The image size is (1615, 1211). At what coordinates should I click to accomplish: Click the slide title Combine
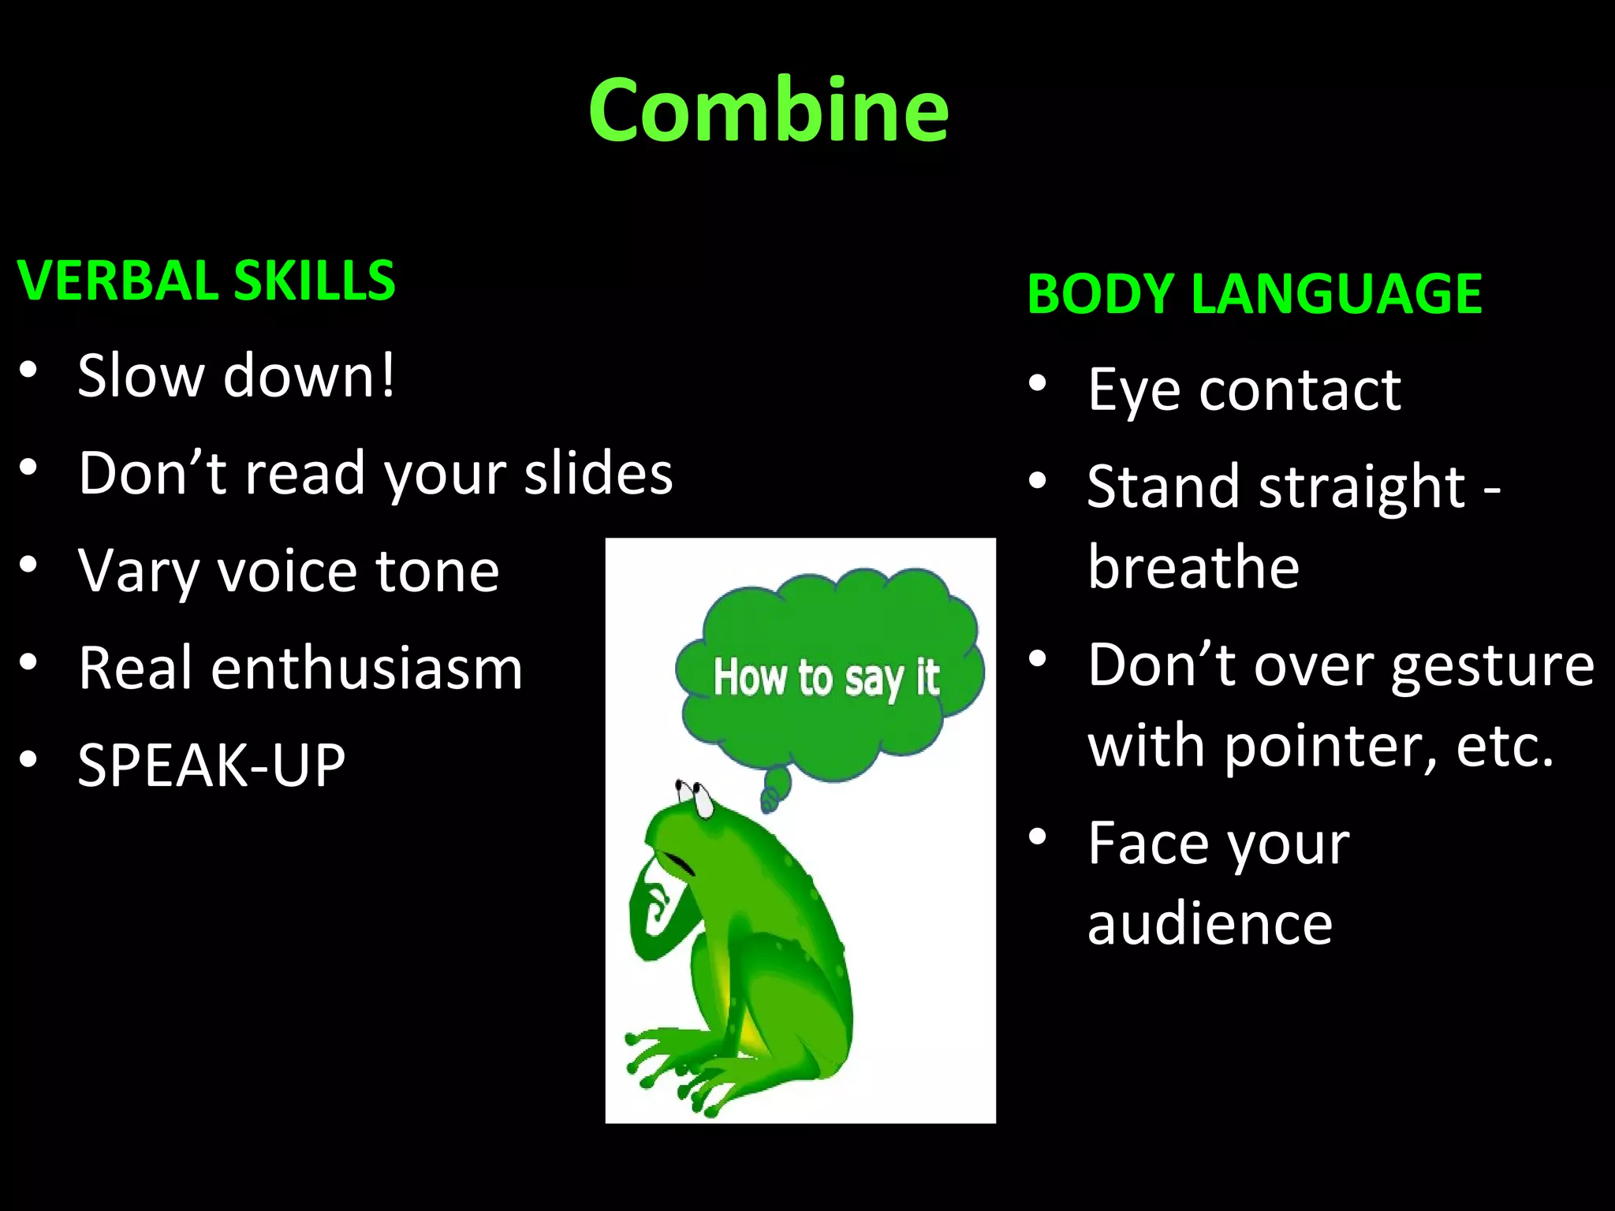(x=768, y=110)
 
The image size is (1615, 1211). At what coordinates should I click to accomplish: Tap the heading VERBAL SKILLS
(x=206, y=281)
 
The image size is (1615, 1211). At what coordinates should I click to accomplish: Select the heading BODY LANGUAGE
(x=1254, y=293)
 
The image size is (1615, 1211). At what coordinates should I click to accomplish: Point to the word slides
(x=599, y=473)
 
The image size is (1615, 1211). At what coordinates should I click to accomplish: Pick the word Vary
(x=138, y=571)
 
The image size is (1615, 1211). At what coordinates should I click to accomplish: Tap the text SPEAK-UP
(x=211, y=765)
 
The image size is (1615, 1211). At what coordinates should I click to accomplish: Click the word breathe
(x=1193, y=567)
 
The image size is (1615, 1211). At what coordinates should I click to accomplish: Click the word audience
(x=1210, y=924)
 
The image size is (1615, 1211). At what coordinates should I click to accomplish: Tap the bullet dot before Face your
(x=1038, y=837)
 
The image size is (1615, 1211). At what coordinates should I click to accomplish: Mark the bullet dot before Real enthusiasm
(x=28, y=662)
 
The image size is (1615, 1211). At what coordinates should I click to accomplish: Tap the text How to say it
(x=826, y=678)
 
